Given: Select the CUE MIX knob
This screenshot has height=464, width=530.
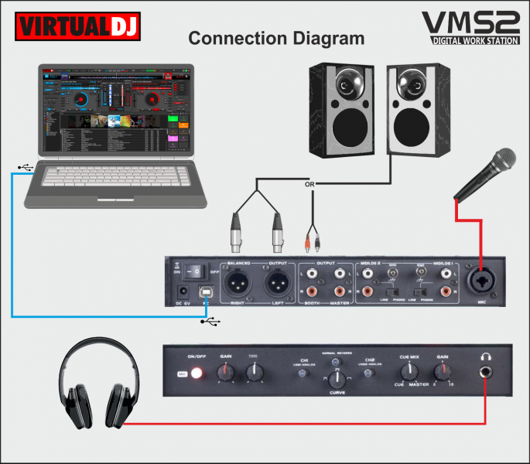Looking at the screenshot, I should pyautogui.click(x=408, y=372).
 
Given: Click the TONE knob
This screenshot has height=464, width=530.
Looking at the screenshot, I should pyautogui.click(x=254, y=374).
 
